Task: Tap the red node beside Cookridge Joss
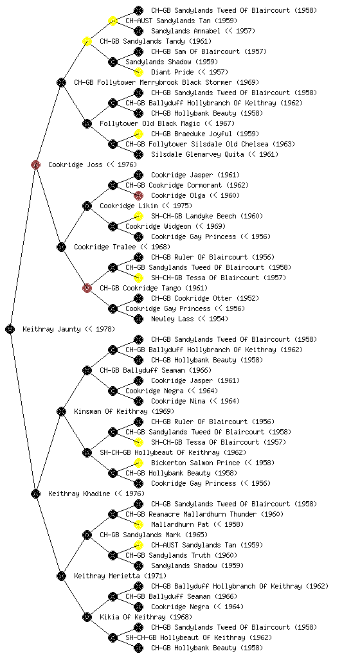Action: coord(35,164)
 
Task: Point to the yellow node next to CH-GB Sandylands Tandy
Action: coord(87,41)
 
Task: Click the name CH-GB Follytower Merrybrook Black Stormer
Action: coord(166,82)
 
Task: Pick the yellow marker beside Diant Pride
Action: coord(138,72)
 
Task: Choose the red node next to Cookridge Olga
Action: coord(138,195)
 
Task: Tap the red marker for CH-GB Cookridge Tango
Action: coord(87,288)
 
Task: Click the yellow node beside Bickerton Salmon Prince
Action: coord(138,463)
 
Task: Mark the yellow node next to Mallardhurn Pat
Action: coord(138,524)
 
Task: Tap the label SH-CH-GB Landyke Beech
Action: coord(207,216)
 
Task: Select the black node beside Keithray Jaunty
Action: coord(10,329)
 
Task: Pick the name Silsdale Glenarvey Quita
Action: coord(215,154)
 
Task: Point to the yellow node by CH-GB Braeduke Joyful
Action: coord(138,134)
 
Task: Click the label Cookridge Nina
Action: coord(195,401)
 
